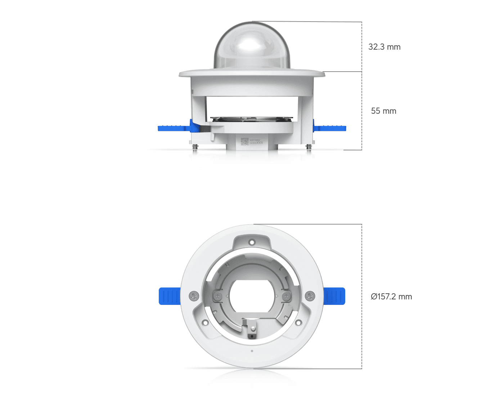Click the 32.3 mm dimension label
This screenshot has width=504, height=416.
pos(384,47)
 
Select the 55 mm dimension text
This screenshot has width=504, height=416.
pos(383,111)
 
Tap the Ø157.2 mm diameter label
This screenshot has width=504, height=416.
pos(391,297)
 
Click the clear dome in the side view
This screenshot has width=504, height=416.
pos(252,47)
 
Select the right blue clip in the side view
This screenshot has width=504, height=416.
pos(330,128)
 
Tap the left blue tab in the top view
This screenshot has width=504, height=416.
pos(169,296)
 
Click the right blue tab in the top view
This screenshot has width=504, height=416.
pos(334,296)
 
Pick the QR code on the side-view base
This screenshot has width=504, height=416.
pos(244,141)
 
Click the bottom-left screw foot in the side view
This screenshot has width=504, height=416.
pos(195,147)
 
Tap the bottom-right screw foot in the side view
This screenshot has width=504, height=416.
pos(309,147)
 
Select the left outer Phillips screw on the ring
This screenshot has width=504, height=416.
pos(194,296)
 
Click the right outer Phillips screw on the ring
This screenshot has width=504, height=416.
pos(310,296)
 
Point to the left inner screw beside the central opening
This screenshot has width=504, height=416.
pos(218,296)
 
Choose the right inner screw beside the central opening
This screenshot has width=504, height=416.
pos(286,296)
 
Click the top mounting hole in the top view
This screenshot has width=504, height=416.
pos(252,242)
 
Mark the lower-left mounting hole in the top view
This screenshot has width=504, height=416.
pos(205,322)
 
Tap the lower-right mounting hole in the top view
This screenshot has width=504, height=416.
pos(298,322)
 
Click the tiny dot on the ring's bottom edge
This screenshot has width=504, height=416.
pos(252,351)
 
